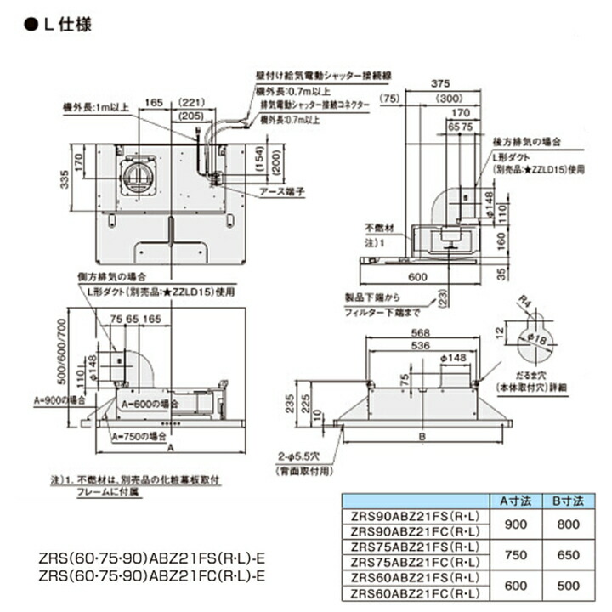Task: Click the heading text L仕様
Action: tap(64, 23)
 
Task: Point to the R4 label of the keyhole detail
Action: tap(525, 298)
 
